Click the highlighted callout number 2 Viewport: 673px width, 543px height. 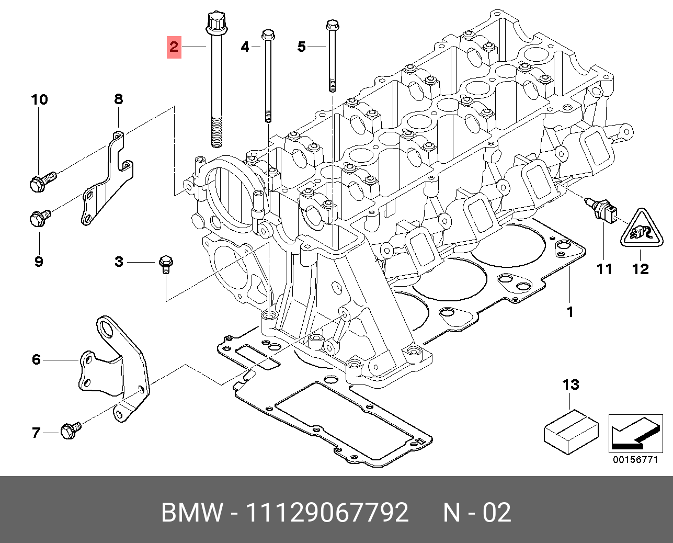pos(174,47)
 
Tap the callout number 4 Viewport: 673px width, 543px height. pos(245,47)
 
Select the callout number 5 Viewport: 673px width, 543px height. pos(301,47)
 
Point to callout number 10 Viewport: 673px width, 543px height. pos(39,99)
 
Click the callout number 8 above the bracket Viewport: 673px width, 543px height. pos(119,99)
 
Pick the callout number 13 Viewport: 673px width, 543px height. pos(571,385)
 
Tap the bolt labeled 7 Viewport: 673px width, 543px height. pos(70,431)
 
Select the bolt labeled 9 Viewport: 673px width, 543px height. pos(39,218)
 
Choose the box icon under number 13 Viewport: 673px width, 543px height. pos(571,432)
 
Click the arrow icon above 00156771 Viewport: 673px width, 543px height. pos(635,434)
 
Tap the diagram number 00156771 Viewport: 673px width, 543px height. pos(635,460)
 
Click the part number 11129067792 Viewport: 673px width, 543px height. pos(327,513)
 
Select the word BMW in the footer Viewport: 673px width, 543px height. pos(192,513)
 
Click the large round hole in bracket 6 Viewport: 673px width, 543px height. pos(107,329)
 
